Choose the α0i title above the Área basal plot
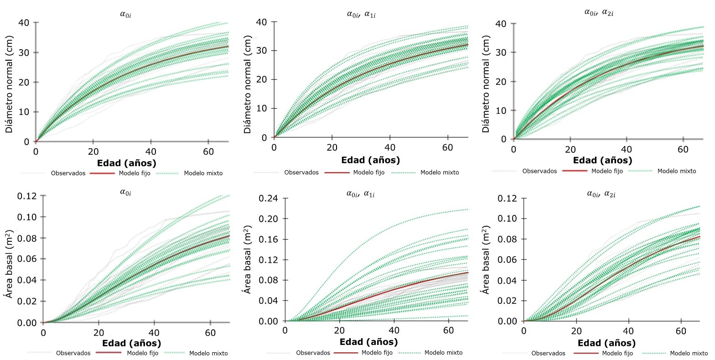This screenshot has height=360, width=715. click(125, 192)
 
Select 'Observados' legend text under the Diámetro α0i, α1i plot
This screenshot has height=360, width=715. click(301, 172)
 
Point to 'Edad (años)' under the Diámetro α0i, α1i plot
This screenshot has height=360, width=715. click(370, 160)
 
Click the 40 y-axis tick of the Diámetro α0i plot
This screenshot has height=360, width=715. click(24, 23)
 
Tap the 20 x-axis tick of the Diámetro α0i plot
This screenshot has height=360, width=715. click(93, 152)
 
